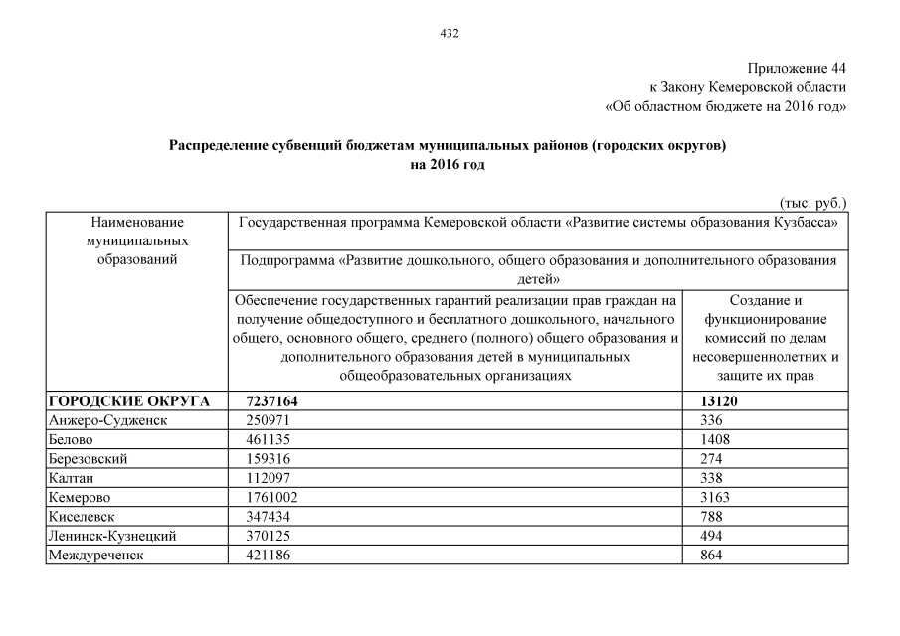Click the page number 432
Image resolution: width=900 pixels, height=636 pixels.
coord(450,33)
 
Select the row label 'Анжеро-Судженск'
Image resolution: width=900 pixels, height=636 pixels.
coord(107,420)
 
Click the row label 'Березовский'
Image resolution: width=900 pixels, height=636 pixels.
coord(88,459)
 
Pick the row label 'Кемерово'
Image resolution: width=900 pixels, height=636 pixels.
coord(79,497)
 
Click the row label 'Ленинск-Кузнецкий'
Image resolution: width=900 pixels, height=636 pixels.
coord(111,536)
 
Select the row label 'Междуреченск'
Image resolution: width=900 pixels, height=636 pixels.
coord(95,555)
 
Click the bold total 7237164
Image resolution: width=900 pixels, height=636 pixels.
coord(272,401)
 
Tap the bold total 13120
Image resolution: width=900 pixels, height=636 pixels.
coord(722,401)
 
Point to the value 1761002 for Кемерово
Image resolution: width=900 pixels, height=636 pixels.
coord(272,497)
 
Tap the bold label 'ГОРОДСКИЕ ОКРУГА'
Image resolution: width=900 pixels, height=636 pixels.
coord(128,401)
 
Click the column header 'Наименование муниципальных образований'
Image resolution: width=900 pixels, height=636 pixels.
coord(137,239)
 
